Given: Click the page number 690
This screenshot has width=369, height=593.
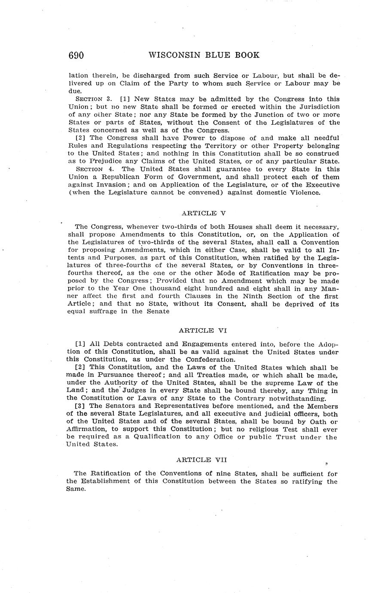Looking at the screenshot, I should [76, 55].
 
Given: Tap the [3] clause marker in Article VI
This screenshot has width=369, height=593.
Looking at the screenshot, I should [80, 406].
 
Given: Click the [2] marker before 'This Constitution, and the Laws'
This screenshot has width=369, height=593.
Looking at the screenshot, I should [80, 367].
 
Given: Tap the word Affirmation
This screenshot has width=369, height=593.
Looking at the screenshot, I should [86, 429].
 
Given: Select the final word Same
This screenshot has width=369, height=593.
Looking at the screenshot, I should [76, 489].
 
